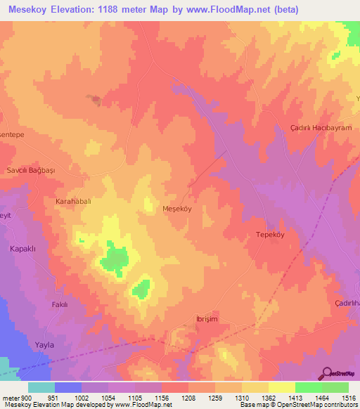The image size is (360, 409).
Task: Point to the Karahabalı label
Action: [74, 201]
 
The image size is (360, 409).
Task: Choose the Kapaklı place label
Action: [22, 249]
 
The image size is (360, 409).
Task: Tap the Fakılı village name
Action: [60, 304]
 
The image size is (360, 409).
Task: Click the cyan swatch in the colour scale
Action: [41, 387]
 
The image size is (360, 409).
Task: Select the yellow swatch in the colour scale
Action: [281, 387]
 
